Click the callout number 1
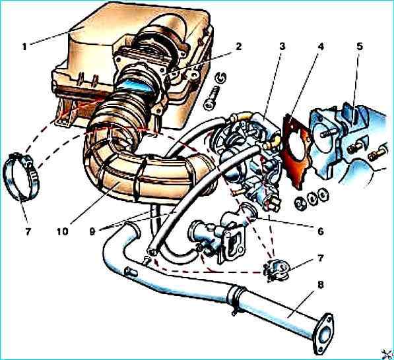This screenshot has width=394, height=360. [24, 47]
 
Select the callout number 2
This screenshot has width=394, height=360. [238, 46]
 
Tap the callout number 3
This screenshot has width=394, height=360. [282, 46]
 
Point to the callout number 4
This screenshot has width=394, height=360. [321, 46]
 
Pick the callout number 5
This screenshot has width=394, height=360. [360, 46]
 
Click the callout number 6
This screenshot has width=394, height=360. [320, 231]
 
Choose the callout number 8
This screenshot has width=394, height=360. [321, 285]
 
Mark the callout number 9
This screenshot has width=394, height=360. [92, 231]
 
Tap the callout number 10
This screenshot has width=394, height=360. [62, 231]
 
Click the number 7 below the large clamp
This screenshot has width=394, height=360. [28, 231]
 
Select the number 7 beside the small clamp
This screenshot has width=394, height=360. [320, 258]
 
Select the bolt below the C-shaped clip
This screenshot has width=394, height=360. [213, 98]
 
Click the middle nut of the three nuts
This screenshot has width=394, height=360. [312, 198]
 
